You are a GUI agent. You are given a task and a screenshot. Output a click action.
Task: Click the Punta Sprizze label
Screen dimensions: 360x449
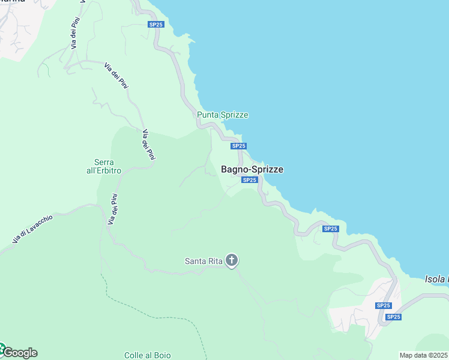click(x=222, y=115)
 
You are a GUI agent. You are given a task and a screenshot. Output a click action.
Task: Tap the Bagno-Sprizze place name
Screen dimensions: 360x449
click(x=252, y=170)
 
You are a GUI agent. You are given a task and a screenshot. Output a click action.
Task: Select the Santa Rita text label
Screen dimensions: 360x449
click(x=203, y=260)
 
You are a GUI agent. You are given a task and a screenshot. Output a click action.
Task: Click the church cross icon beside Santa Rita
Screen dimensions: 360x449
click(x=232, y=260)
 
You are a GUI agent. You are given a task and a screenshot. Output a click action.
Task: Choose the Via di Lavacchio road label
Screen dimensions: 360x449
click(x=33, y=229)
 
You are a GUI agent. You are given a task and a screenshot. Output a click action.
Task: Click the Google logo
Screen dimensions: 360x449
click(x=19, y=352)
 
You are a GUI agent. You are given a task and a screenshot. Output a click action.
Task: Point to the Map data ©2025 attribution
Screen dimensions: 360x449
click(x=424, y=355)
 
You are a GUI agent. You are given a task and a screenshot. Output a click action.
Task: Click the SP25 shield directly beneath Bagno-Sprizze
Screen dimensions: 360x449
click(x=250, y=180)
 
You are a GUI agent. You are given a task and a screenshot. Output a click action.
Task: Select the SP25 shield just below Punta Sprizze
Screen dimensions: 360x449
click(x=238, y=146)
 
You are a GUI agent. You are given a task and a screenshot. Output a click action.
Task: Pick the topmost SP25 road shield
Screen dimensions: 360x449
click(x=156, y=24)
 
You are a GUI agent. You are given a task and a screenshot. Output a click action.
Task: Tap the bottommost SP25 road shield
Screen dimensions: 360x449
click(x=393, y=317)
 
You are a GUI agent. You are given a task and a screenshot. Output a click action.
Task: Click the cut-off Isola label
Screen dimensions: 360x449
click(x=436, y=279)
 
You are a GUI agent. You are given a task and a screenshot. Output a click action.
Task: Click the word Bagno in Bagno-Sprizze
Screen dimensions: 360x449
click(x=235, y=170)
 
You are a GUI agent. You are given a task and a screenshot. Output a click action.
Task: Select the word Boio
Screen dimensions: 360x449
click(x=161, y=355)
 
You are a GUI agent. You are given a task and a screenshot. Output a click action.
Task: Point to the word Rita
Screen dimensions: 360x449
click(x=213, y=260)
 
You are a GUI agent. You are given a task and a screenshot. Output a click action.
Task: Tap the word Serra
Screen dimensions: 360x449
click(x=104, y=162)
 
